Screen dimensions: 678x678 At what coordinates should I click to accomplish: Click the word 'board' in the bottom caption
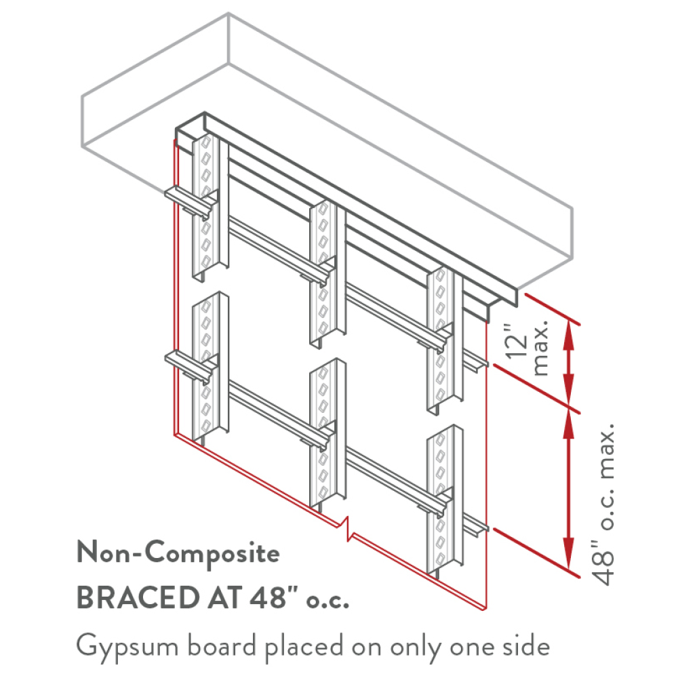(222, 647)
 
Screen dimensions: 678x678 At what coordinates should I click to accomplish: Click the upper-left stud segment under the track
(210, 207)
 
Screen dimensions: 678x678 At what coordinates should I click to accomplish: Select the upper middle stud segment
(327, 273)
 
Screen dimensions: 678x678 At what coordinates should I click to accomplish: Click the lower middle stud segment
(327, 435)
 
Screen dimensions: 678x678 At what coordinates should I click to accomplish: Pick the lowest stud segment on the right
(445, 502)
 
